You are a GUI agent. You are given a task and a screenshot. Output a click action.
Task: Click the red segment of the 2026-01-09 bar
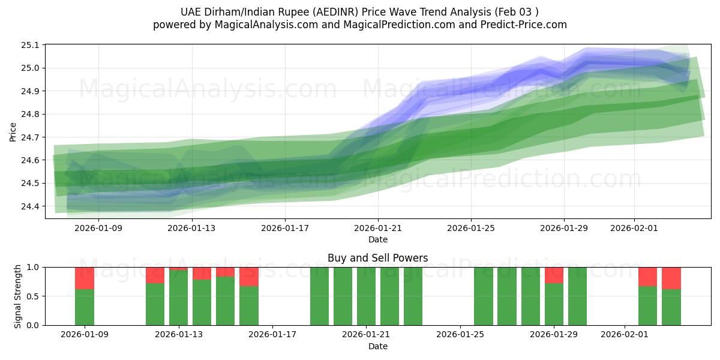[x=85, y=278]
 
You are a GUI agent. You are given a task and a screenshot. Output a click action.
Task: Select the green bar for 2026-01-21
[x=366, y=296]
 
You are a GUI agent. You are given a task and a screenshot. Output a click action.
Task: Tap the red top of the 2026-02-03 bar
[x=671, y=278]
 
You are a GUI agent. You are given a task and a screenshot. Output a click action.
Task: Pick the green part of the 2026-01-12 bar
[x=155, y=304]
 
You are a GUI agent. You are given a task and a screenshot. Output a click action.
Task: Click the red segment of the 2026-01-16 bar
[x=249, y=277]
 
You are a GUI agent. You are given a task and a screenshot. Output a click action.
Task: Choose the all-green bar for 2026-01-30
[x=577, y=296]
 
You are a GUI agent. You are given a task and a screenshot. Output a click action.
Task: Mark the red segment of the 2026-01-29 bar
[x=554, y=275]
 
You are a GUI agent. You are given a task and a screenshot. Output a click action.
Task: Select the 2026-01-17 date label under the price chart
[x=285, y=228]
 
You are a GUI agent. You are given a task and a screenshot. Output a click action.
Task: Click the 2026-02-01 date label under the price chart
[x=635, y=228]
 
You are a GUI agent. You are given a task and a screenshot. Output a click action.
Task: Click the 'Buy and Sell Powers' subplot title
[x=378, y=258]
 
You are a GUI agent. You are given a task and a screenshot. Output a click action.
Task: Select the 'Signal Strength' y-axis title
[x=18, y=296]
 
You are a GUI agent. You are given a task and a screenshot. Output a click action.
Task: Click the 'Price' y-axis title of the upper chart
[x=13, y=131]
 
